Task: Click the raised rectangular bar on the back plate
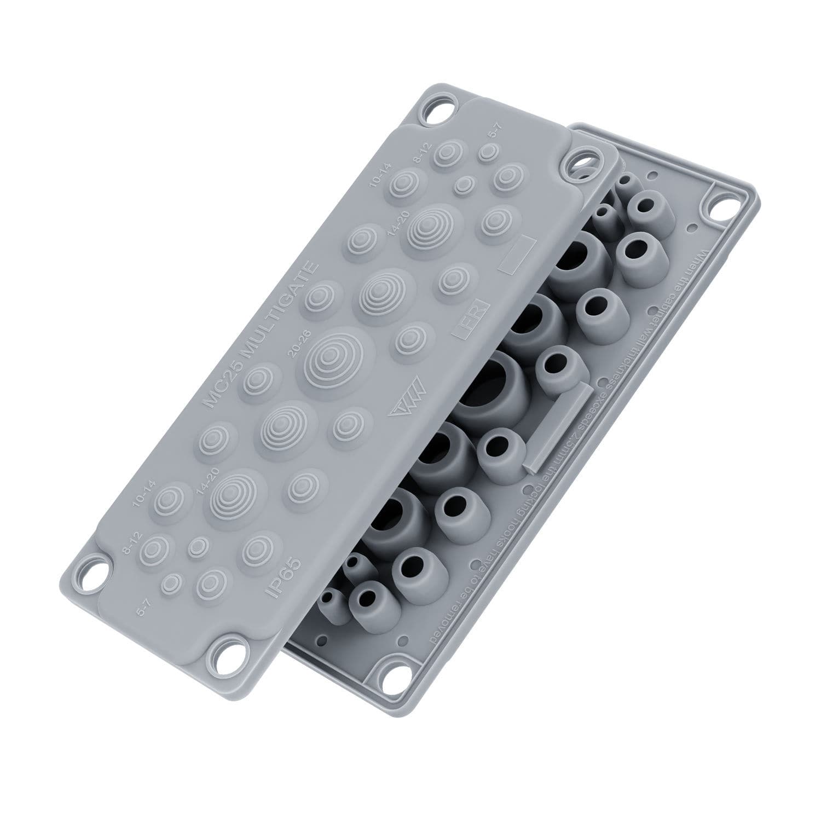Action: pos(556,427)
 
